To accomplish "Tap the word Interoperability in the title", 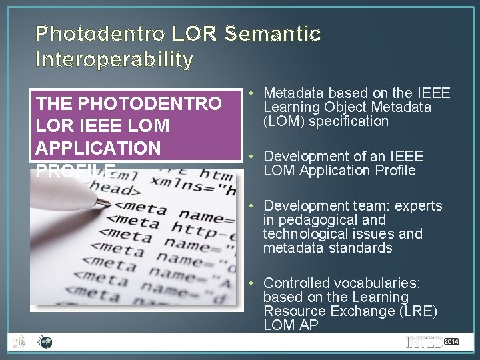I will pyautogui.click(x=115, y=61).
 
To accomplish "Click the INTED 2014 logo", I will pyautogui.click(x=432, y=343).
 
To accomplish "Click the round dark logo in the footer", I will pyautogui.click(x=45, y=343).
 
